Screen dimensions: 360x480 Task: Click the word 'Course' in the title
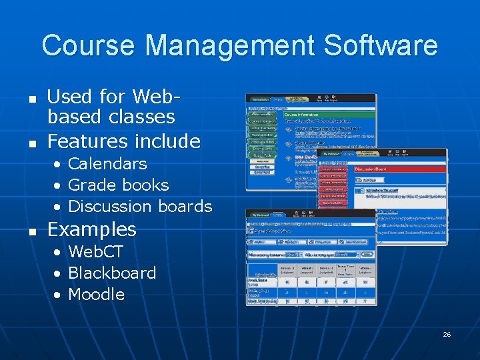(x=88, y=45)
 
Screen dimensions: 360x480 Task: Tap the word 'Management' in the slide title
(x=227, y=45)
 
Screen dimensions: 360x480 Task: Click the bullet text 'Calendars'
(x=107, y=163)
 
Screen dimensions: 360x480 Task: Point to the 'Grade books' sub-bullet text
(x=119, y=185)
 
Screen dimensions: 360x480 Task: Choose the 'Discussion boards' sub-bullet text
(x=140, y=206)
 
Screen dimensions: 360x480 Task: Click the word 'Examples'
(x=92, y=229)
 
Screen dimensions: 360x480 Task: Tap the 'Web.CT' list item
(x=95, y=251)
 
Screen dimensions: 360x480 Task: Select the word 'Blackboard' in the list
(x=112, y=273)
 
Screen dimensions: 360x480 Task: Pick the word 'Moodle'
(x=97, y=294)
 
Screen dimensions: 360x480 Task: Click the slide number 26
(x=447, y=334)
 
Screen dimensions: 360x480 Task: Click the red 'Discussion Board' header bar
(x=400, y=169)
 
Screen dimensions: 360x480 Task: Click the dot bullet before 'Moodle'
(x=59, y=295)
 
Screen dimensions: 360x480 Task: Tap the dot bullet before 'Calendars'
(x=59, y=164)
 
